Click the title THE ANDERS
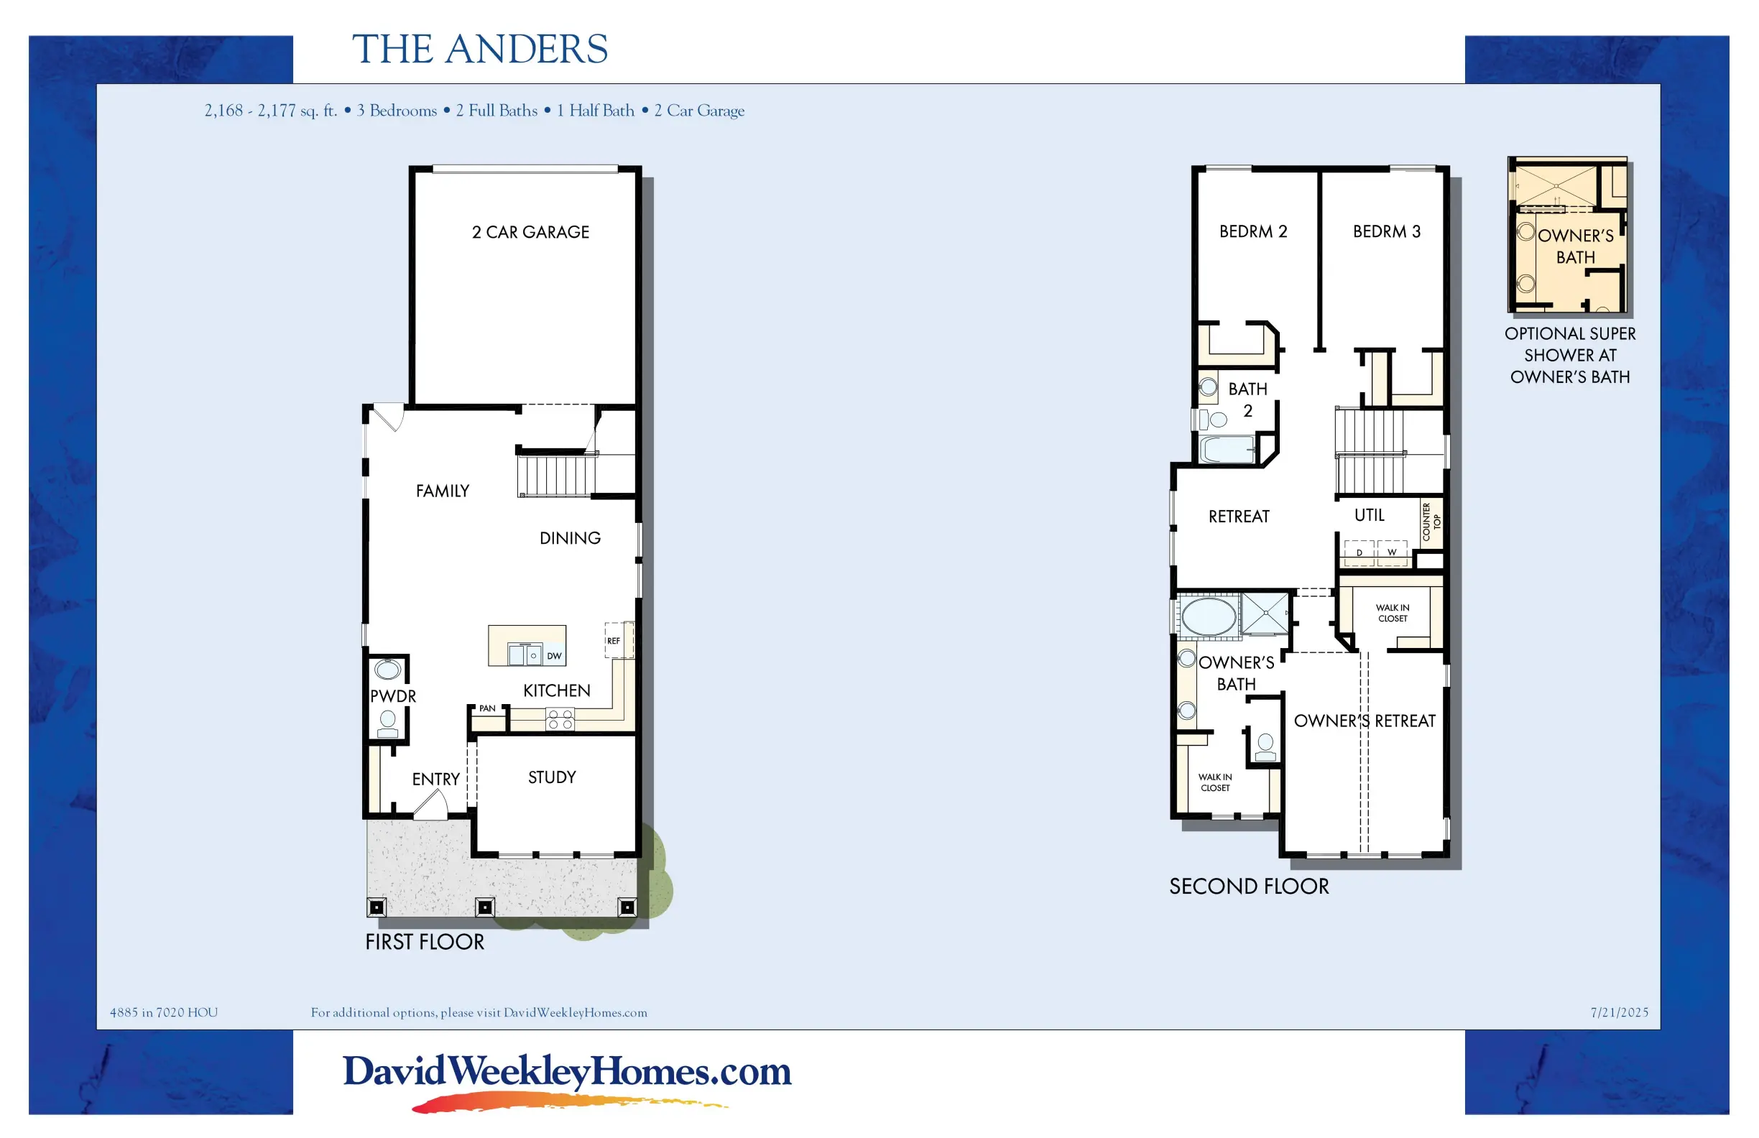pyautogui.click(x=480, y=50)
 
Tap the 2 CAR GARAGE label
pyautogui.click(x=531, y=232)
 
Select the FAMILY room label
pyautogui.click(x=443, y=491)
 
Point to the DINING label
pyautogui.click(x=570, y=538)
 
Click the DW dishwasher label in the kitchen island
pyautogui.click(x=554, y=656)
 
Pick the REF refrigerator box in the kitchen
pyautogui.click(x=619, y=640)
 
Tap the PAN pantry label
pyautogui.click(x=487, y=708)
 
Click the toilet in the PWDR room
pyautogui.click(x=387, y=723)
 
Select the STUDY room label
pyautogui.click(x=552, y=777)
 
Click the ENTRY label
pyautogui.click(x=436, y=779)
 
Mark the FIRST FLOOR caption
pyautogui.click(x=425, y=942)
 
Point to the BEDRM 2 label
pyautogui.click(x=1253, y=231)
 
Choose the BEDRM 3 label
pyautogui.click(x=1388, y=231)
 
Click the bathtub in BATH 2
pyautogui.click(x=1227, y=448)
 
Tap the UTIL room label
pyautogui.click(x=1370, y=515)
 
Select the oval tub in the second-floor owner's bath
pyautogui.click(x=1209, y=616)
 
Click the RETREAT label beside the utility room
pyautogui.click(x=1239, y=517)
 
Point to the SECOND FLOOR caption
pyautogui.click(x=1249, y=887)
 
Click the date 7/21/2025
pyautogui.click(x=1620, y=1012)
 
